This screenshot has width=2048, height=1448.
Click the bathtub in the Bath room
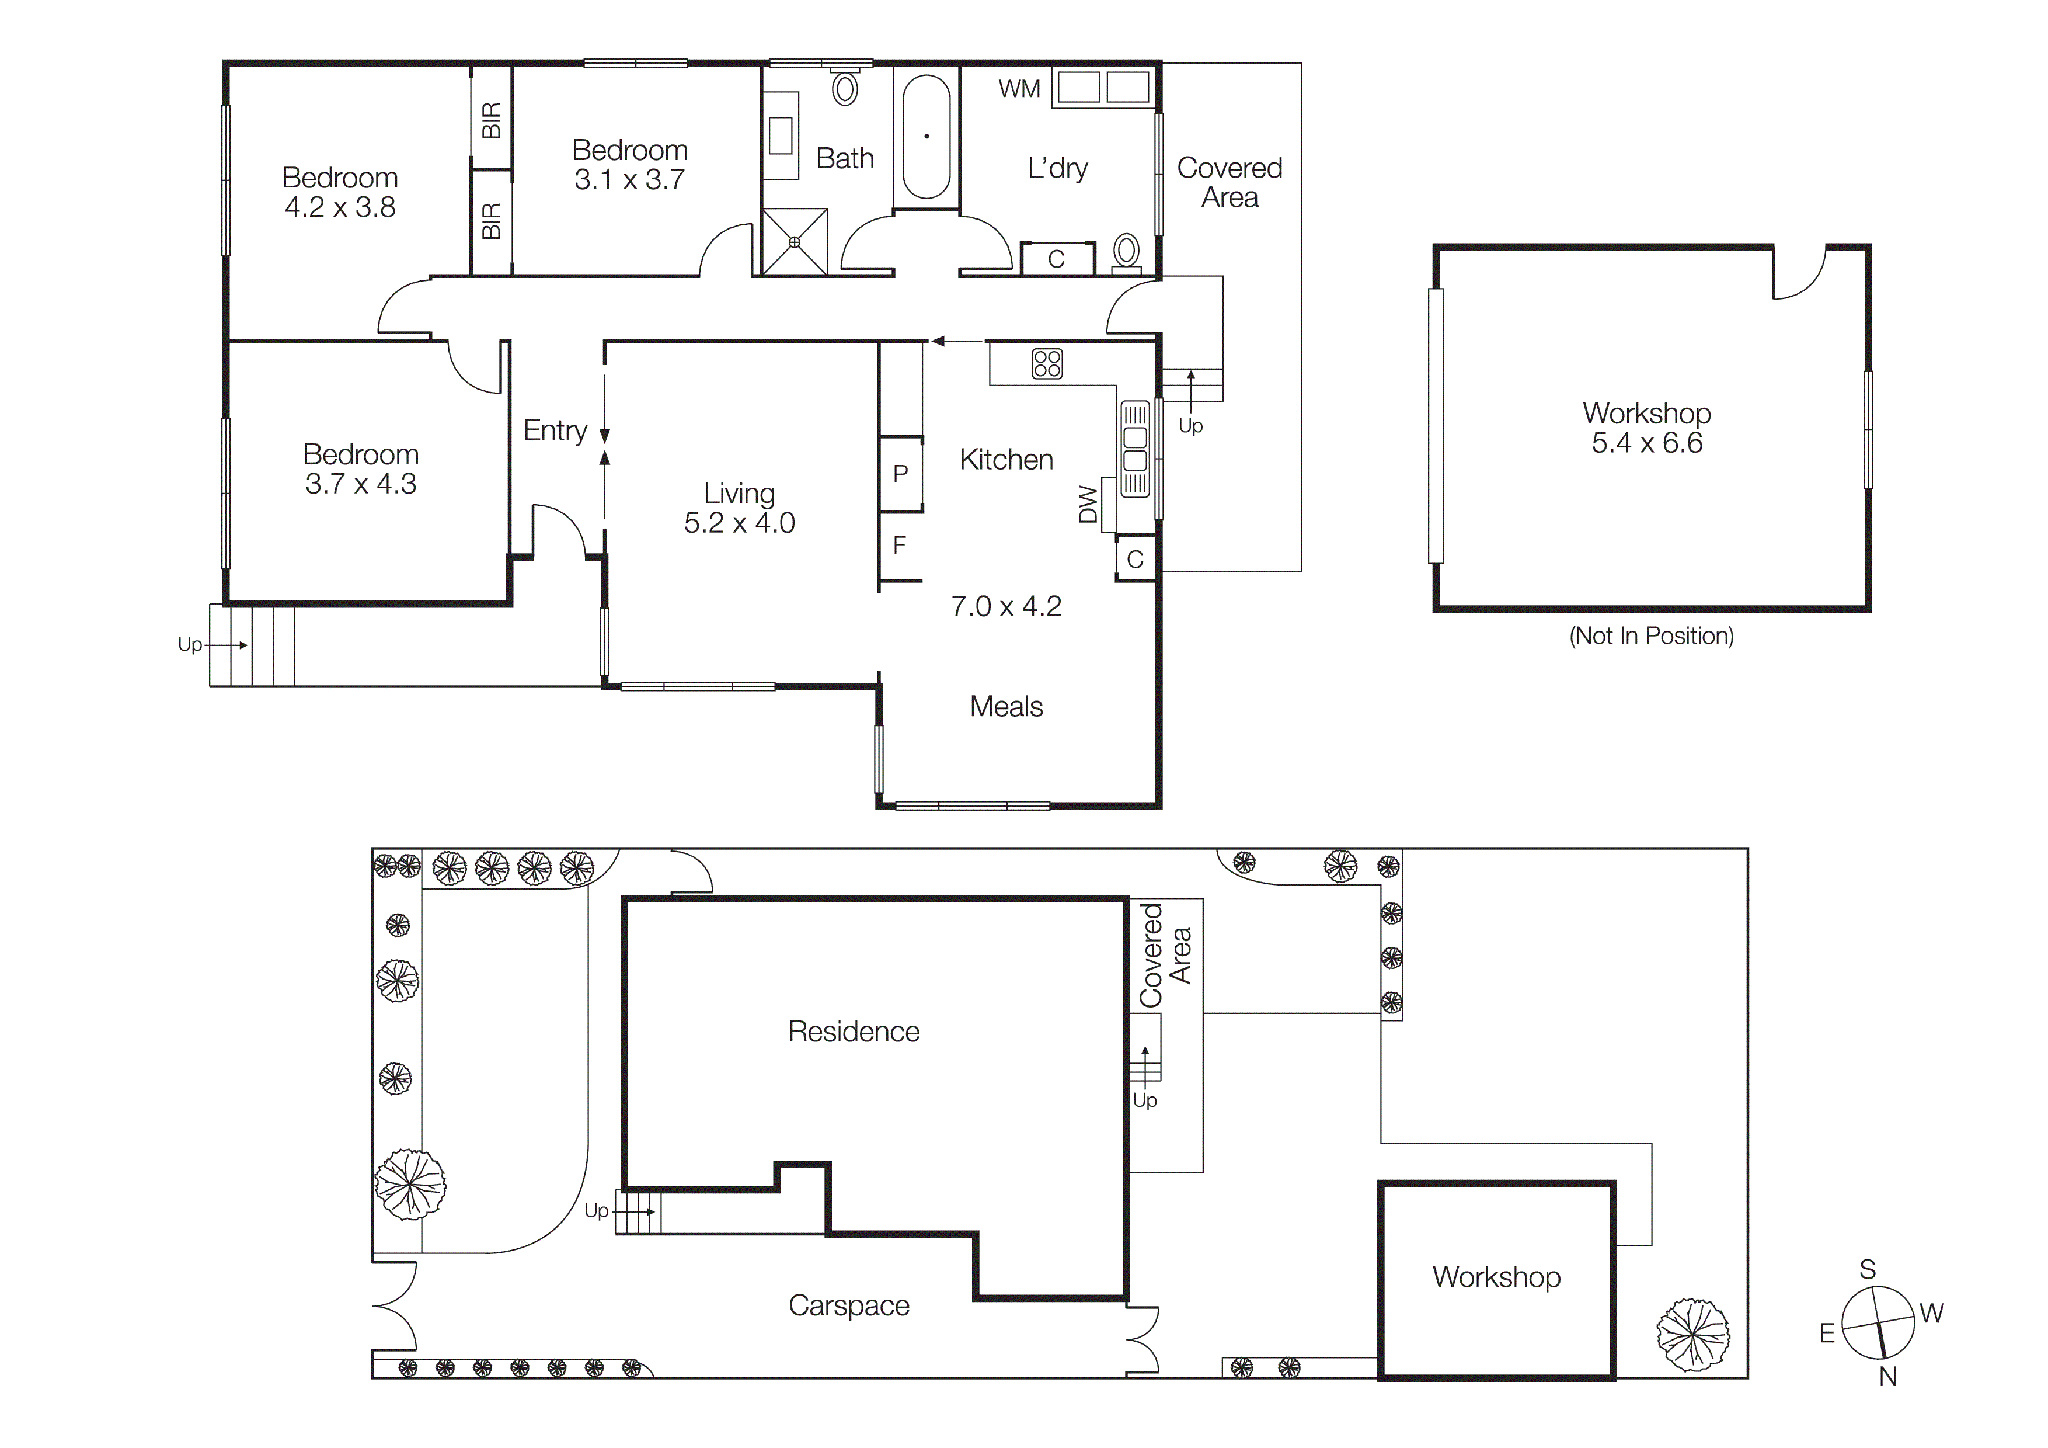pos(926,137)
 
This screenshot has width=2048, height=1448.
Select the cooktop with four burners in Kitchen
pos(1047,364)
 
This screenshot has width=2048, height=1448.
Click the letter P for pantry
pos(900,474)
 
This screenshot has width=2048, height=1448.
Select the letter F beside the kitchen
pos(899,545)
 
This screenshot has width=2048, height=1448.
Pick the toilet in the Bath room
pos(845,88)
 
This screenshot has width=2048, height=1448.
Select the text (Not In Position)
pos(1651,636)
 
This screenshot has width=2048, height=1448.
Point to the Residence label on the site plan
pos(854,1032)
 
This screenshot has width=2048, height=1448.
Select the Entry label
pos(555,431)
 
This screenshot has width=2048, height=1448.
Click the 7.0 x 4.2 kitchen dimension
pos(1006,607)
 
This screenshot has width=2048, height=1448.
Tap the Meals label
pos(1006,707)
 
